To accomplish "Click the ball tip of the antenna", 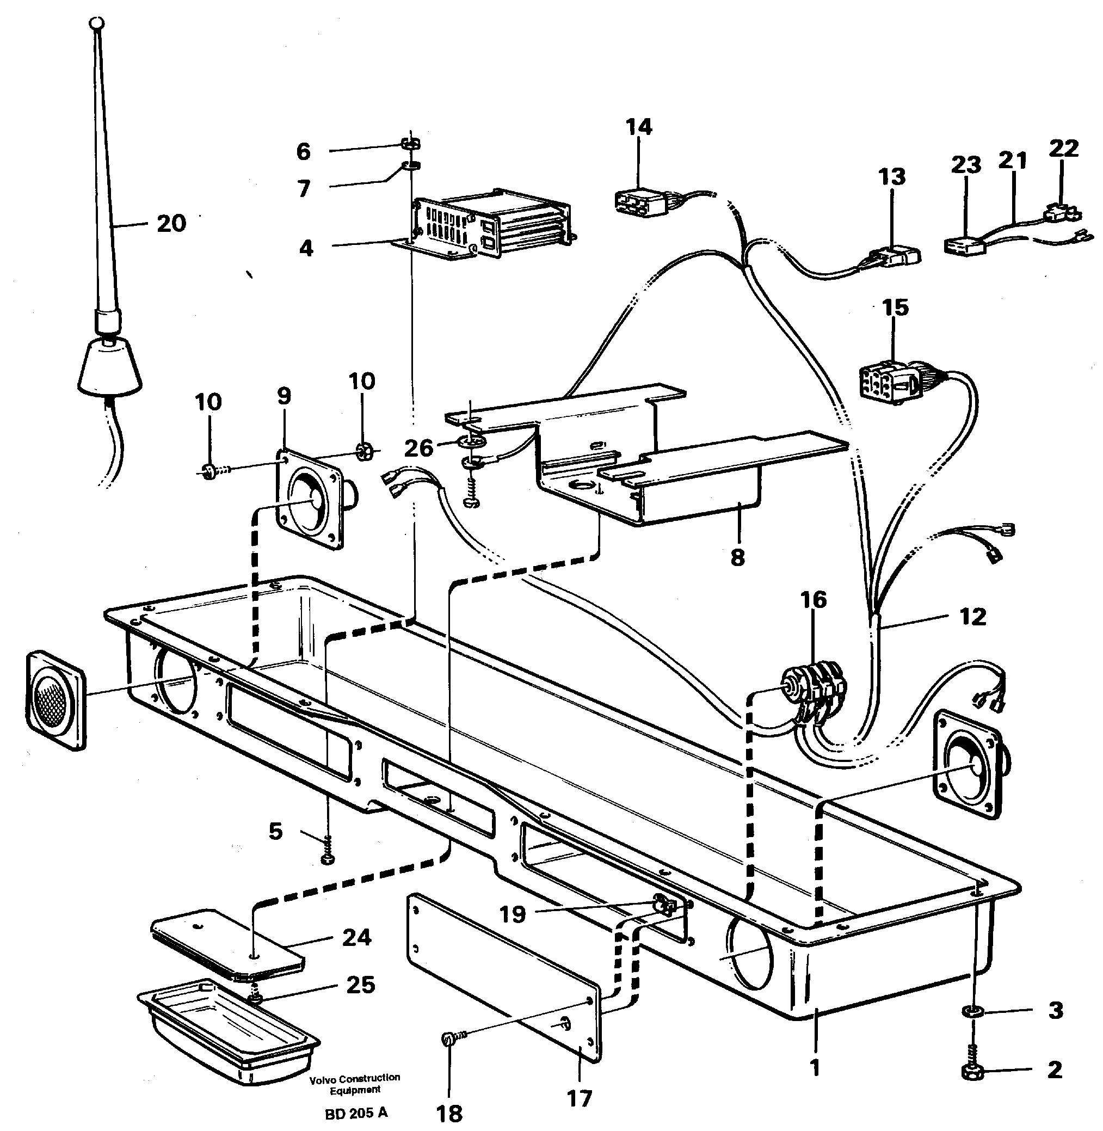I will (x=97, y=24).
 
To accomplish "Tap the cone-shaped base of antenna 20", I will (x=110, y=367).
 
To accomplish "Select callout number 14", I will (x=639, y=127).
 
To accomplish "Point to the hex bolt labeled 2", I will (x=973, y=1072).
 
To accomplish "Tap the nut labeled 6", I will (x=411, y=144).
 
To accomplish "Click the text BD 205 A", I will (x=356, y=1112).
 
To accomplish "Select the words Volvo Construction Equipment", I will (x=355, y=1084).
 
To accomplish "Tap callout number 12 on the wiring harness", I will (x=972, y=617).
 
